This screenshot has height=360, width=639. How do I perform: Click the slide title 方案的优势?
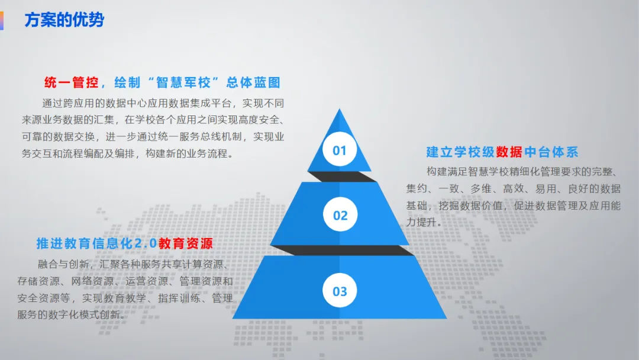pos(64,20)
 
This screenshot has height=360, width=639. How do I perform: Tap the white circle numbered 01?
pos(339,150)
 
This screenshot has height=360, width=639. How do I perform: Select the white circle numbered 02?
pos(340,215)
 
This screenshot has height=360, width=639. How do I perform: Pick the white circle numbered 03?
pos(340,291)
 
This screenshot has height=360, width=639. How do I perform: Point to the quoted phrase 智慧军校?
pos(185,83)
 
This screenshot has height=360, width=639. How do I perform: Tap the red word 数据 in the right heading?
pos(509,152)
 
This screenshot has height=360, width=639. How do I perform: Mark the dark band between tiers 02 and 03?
pos(340,250)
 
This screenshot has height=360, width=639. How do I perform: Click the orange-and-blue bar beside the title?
pos(2,20)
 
